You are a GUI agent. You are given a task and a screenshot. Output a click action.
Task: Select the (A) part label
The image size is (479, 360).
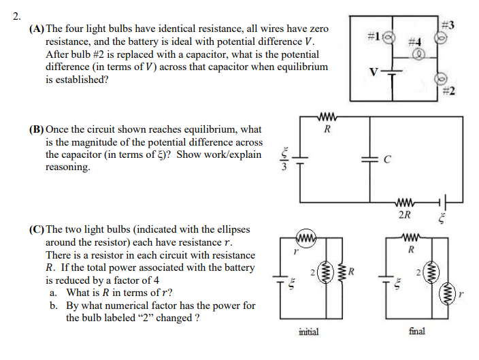[37, 30]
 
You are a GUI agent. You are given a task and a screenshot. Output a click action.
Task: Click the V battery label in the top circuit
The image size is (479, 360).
[372, 70]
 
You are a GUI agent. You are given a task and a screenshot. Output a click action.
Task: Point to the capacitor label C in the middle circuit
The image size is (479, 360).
[387, 160]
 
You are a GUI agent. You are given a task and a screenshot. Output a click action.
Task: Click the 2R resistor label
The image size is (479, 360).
[404, 216]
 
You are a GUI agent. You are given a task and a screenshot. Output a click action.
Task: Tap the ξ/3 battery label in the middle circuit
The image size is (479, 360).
[286, 159]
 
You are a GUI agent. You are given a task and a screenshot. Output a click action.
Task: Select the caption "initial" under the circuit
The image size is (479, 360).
[309, 331]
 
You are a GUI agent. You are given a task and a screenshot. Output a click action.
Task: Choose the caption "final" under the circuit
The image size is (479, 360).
[417, 331]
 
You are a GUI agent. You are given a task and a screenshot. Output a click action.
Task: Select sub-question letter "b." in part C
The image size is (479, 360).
[53, 306]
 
